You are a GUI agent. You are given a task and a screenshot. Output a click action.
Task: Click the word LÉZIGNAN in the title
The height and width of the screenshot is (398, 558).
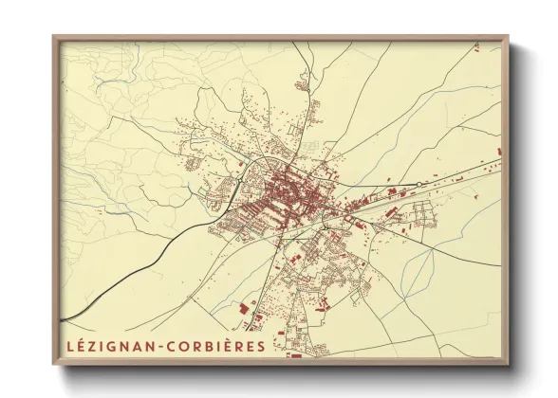click(109, 346)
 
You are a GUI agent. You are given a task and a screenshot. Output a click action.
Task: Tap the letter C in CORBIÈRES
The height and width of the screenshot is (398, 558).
click(172, 346)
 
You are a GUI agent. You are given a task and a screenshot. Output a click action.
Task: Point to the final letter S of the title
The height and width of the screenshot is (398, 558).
click(260, 346)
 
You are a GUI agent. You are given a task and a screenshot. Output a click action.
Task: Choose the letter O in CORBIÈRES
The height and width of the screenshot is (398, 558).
click(184, 346)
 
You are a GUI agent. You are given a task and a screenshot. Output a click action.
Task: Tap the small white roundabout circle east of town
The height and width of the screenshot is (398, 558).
click(418, 183)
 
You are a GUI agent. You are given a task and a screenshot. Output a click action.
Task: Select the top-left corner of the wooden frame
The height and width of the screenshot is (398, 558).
click(54, 37)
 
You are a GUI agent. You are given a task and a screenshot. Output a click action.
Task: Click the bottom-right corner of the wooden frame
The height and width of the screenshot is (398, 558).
click(509, 365)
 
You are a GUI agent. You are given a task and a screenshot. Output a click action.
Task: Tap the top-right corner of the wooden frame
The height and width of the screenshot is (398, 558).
click(509, 37)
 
